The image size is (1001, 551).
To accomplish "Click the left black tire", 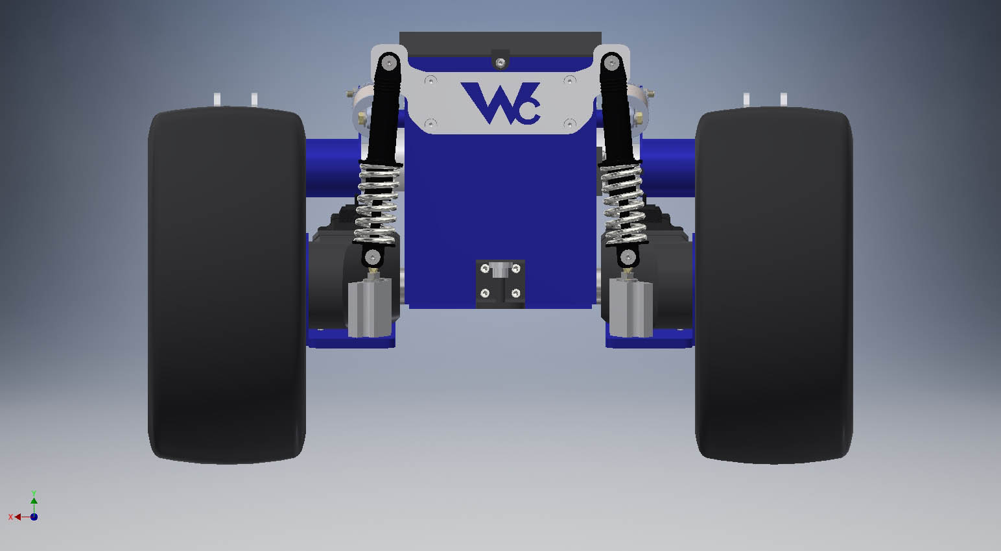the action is point(227,285).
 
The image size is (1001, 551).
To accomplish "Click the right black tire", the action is point(774,285).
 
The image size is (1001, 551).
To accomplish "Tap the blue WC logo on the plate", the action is point(501,103).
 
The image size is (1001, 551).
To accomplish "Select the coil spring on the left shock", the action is point(377,204).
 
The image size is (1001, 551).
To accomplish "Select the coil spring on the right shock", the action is point(624,204).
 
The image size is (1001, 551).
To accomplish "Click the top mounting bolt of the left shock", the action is point(389,63).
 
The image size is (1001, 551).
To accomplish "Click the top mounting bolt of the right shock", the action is point(611,63).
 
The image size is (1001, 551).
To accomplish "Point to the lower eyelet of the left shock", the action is point(372,257).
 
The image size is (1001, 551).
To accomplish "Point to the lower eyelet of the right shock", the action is point(628,257).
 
